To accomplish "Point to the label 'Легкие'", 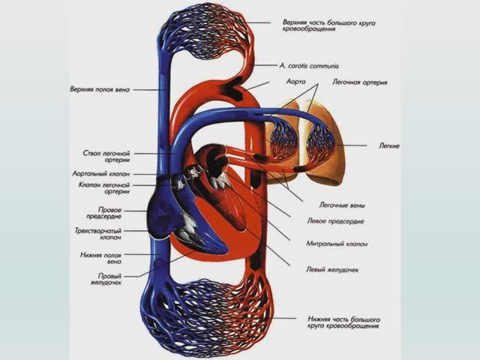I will click(389, 145).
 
